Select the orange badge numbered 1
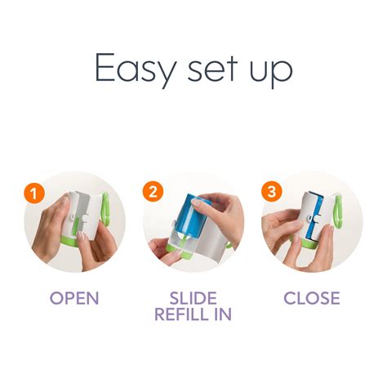click(x=33, y=193)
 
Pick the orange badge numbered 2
click(x=153, y=193)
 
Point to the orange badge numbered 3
click(x=271, y=193)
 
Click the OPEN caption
click(x=74, y=298)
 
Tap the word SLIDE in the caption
click(x=193, y=298)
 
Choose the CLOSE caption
click(x=311, y=298)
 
